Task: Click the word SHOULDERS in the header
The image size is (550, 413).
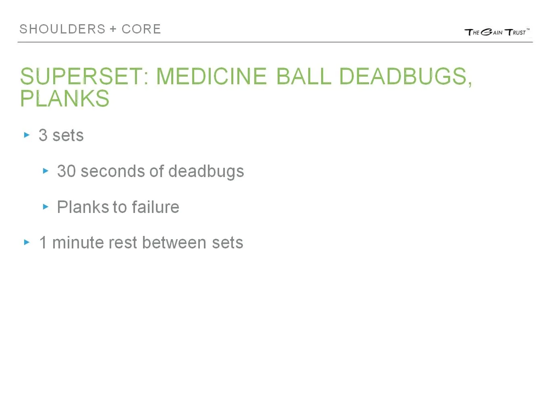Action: pos(62,29)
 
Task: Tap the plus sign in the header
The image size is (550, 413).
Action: pos(113,29)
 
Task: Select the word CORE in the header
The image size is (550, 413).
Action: pos(141,29)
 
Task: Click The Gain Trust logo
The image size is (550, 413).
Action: pos(497,32)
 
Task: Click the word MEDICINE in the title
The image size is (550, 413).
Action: pos(211,76)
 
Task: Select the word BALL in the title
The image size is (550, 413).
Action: pos(304,76)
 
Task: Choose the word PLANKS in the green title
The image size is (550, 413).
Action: pos(65,98)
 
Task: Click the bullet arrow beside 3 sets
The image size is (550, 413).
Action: pos(27,135)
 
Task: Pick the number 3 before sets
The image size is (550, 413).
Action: pos(43,136)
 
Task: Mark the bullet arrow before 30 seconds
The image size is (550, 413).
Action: pos(46,171)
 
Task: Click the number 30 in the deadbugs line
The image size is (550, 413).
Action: pos(66,171)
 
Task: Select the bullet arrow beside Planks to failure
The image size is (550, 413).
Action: pos(46,207)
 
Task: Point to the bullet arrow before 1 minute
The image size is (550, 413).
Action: pos(27,242)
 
